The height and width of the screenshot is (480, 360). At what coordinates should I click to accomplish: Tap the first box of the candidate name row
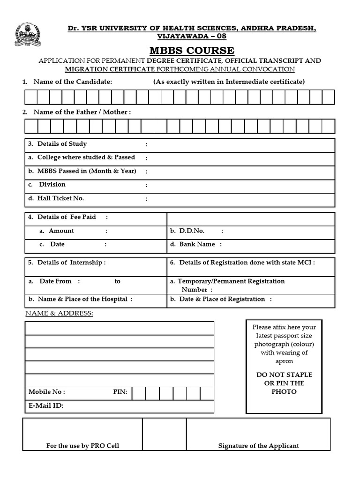click(31, 97)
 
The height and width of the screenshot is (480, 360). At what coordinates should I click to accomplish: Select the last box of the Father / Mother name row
click(328, 126)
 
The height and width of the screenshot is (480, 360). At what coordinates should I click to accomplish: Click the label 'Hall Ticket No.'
click(57, 198)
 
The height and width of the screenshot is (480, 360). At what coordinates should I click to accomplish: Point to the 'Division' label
click(52, 185)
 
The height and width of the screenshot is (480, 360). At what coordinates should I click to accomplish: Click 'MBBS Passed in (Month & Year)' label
click(82, 171)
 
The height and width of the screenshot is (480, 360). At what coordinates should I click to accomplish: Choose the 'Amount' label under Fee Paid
click(61, 231)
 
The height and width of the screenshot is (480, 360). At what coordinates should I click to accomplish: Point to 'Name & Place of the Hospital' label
click(81, 299)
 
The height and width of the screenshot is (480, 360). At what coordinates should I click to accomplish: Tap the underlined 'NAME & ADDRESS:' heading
click(59, 313)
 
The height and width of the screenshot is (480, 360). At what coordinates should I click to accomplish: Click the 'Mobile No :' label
click(47, 392)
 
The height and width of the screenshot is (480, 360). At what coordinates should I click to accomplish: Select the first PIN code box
click(139, 393)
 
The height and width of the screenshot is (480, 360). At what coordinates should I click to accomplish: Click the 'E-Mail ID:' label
click(46, 406)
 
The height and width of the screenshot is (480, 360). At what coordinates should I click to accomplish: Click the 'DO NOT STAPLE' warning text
click(284, 375)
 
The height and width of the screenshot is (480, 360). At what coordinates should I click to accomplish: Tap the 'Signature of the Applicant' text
click(258, 446)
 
